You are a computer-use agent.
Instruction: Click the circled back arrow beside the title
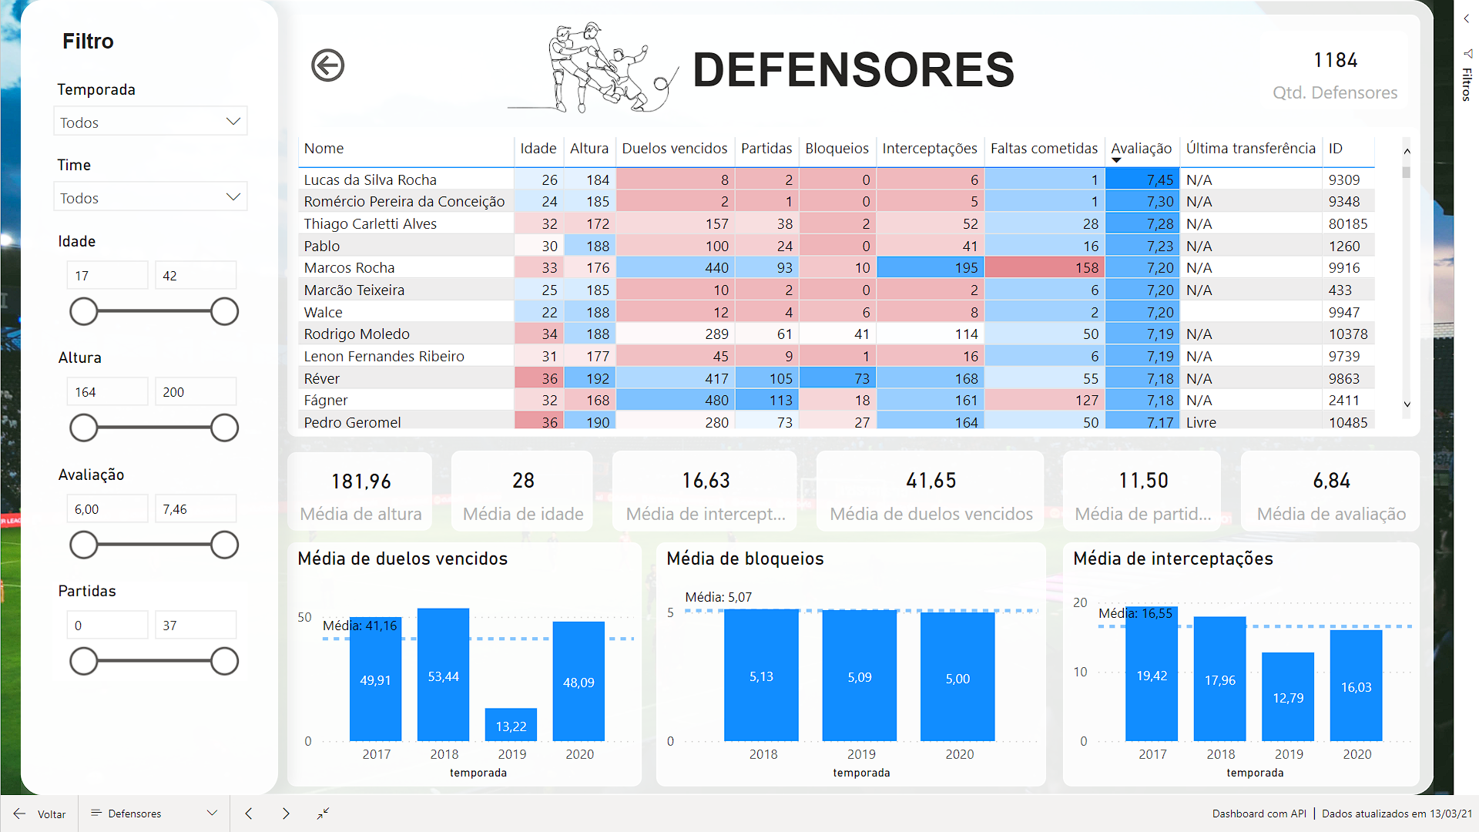coord(327,65)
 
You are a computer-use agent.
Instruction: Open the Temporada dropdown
coord(150,122)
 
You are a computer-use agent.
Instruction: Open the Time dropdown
coord(150,197)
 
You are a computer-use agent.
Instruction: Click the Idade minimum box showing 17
coord(107,276)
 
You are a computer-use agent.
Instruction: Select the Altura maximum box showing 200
coord(195,392)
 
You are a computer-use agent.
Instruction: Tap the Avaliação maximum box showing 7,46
coord(195,509)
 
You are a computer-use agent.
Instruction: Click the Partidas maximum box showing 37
coord(195,626)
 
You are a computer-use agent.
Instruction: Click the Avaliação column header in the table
coord(1141,149)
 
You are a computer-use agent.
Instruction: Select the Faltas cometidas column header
coord(1044,149)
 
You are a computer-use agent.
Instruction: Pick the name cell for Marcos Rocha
coord(349,268)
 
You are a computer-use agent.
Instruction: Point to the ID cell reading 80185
coord(1347,224)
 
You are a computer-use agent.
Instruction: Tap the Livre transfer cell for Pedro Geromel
coord(1201,423)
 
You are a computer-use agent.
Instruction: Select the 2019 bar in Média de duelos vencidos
coord(511,725)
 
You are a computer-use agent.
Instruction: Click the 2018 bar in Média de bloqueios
coord(761,676)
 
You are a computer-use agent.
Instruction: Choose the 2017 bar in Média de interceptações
coord(1152,675)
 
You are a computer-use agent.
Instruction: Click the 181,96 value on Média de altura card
coord(361,481)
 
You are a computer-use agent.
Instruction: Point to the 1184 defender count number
coord(1335,60)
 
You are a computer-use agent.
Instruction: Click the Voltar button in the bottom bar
coord(40,814)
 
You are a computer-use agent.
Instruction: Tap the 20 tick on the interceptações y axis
coord(1080,602)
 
